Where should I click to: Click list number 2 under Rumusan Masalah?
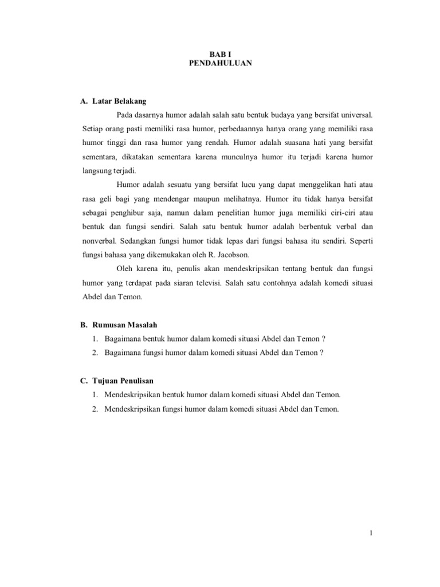point(93,353)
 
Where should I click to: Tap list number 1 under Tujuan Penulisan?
point(93,394)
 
